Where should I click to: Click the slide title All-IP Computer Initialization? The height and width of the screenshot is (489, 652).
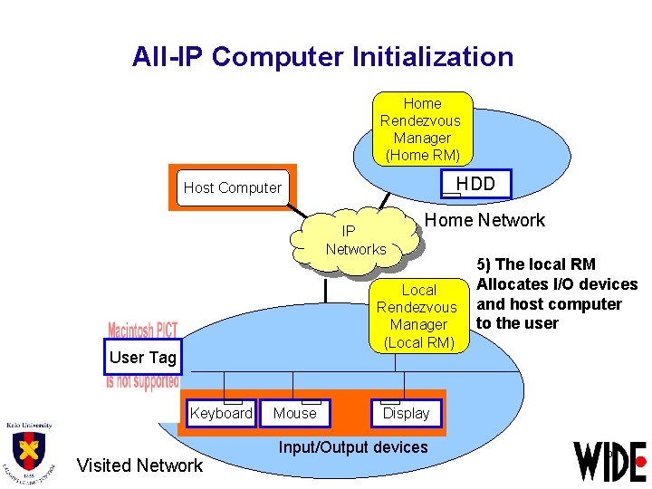click(322, 57)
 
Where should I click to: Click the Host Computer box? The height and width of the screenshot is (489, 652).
click(233, 188)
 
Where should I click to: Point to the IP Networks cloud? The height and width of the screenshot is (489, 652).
click(356, 240)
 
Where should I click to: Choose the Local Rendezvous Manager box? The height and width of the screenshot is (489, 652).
click(418, 316)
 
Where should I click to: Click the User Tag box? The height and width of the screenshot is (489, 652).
click(142, 358)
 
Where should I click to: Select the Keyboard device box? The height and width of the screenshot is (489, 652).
click(220, 414)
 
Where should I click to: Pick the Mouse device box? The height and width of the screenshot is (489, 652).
click(295, 414)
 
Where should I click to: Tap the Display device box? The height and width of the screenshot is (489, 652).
click(406, 414)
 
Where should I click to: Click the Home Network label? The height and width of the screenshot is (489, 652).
click(484, 220)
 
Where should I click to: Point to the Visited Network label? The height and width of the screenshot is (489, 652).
click(139, 465)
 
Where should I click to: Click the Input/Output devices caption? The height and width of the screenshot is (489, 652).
click(353, 446)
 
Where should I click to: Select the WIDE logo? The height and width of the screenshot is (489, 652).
click(609, 461)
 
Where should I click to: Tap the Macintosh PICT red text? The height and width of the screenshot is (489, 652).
click(143, 330)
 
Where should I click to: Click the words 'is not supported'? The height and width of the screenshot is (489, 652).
click(142, 382)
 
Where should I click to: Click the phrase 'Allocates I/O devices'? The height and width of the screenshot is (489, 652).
click(557, 284)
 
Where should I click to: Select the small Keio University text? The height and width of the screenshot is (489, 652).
click(28, 425)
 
